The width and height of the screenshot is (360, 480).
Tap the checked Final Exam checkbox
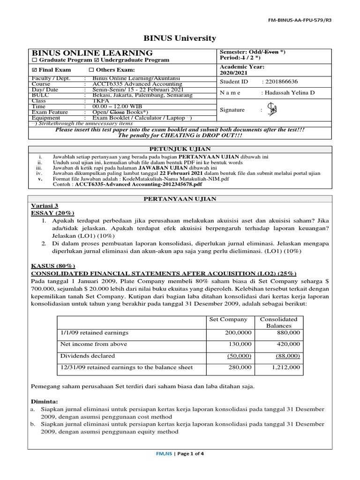pyautogui.click(x=34, y=70)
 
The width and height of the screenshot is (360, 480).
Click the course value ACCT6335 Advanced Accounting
pyautogui.click(x=131, y=84)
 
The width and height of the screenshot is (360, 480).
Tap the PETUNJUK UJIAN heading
pyautogui.click(x=180, y=149)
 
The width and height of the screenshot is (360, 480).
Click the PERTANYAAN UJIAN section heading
pyautogui.click(x=180, y=199)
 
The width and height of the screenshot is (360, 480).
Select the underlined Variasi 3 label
pyautogui.click(x=45, y=206)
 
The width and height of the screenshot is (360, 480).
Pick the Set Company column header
pyautogui.click(x=228, y=319)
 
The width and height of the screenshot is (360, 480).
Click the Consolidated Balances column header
pyautogui.click(x=278, y=322)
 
